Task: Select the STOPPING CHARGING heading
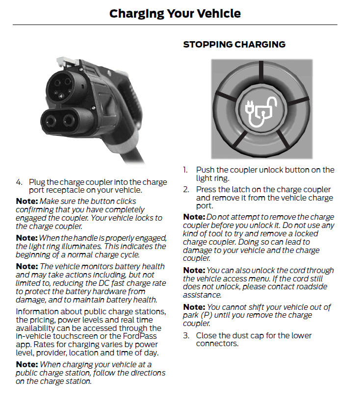tap(234, 45)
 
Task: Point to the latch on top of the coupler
tap(63, 62)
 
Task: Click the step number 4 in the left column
tap(19, 182)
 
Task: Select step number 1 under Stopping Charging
tap(186, 170)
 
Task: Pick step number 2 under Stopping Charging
tap(186, 190)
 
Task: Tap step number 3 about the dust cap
tap(186, 336)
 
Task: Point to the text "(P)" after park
tap(207, 315)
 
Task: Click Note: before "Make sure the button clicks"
tap(26, 201)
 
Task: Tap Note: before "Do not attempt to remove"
tap(194, 217)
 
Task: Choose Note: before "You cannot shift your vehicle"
tap(194, 307)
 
